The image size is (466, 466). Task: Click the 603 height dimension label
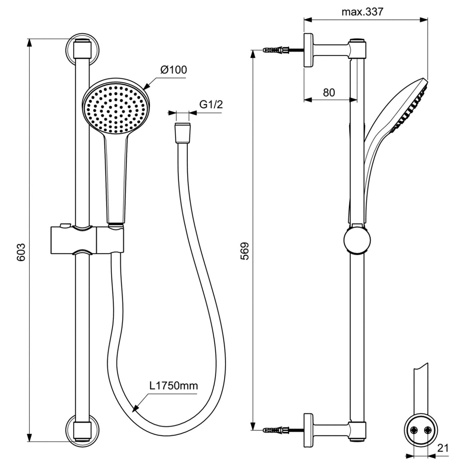[x=21, y=252]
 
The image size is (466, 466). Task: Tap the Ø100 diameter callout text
[x=174, y=70]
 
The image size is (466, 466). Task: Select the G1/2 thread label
[x=211, y=104]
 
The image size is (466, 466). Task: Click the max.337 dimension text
[x=363, y=12]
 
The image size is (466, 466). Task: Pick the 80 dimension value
[x=329, y=92]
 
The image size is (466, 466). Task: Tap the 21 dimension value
[x=443, y=448]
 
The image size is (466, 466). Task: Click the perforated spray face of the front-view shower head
[x=116, y=109]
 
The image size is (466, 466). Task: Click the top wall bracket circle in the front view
[x=82, y=49]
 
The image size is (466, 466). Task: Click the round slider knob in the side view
[x=357, y=241]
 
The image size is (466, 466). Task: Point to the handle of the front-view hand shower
[x=116, y=179]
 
